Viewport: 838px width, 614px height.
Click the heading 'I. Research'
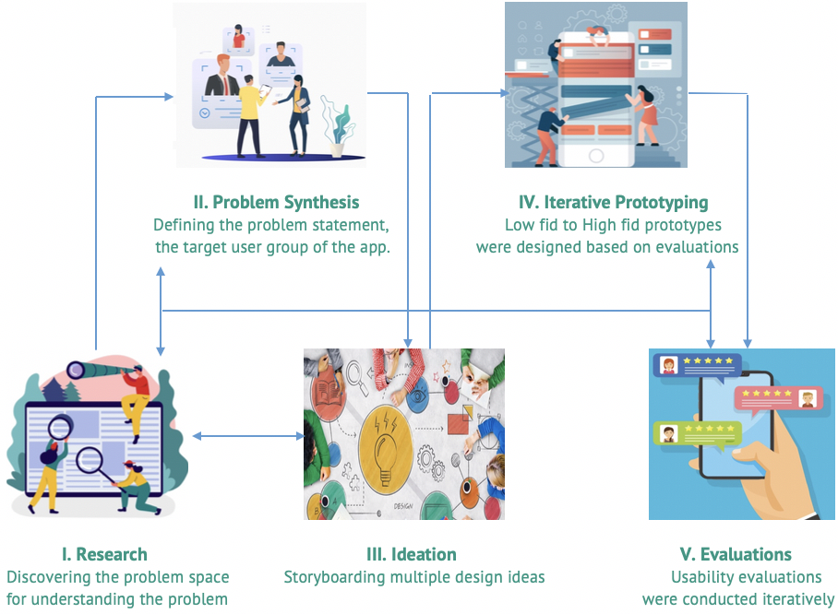coord(104,554)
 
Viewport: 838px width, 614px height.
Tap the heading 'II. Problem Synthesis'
coord(276,202)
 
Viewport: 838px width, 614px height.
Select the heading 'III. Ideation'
coord(412,554)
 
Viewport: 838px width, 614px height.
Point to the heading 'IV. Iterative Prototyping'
coord(614,202)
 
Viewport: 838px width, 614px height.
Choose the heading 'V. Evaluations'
coord(736,554)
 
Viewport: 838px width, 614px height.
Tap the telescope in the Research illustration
coord(101,369)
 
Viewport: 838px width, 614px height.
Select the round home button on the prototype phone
coord(596,156)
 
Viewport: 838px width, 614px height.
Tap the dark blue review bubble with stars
coord(698,366)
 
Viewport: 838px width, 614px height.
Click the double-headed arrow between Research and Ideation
coord(248,436)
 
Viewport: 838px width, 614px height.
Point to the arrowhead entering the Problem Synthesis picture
coord(170,97)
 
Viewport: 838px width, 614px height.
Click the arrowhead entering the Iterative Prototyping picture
coord(505,93)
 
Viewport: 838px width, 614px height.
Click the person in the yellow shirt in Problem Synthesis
coord(250,116)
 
